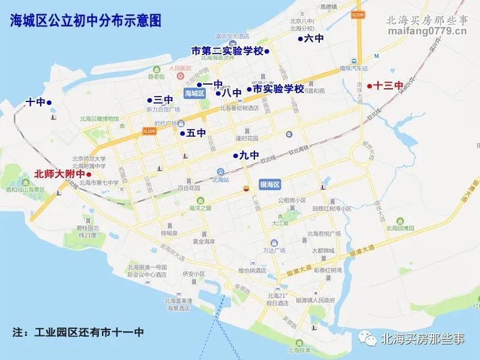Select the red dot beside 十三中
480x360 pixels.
pos(370,85)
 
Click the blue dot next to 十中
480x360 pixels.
pos(49,103)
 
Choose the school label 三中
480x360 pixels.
pos(163,100)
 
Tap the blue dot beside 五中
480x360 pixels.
pos(182,133)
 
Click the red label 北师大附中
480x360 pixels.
pos(59,175)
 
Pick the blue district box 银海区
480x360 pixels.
pos(270,185)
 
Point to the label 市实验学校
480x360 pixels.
pos(278,89)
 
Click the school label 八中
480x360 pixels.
pos(231,93)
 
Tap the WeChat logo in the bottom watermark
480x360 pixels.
pos(368,340)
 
